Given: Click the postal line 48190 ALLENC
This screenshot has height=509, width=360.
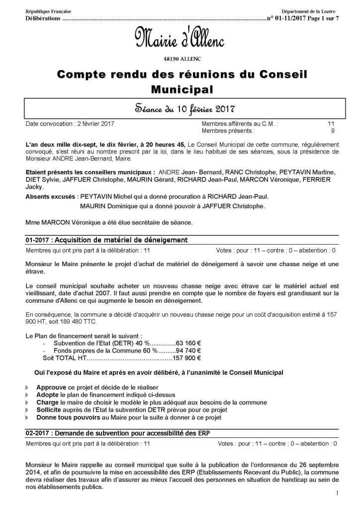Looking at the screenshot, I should point(180,59).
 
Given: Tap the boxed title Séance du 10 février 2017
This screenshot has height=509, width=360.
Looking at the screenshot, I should point(180,108).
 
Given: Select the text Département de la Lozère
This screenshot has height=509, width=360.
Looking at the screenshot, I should point(308,11).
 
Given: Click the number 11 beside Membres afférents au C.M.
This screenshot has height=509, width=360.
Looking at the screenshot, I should point(331,123).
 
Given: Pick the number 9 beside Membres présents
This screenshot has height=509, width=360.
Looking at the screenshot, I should point(332,131).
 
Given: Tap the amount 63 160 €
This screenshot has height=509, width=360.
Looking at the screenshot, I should point(188,342).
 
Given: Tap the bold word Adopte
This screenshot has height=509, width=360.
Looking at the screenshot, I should point(48,394).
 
